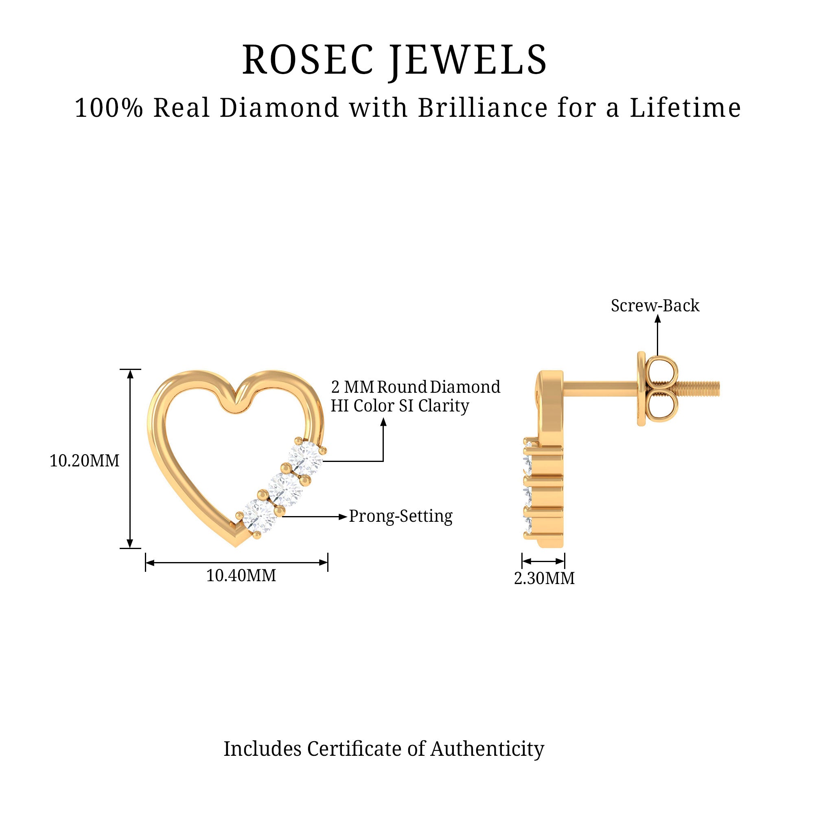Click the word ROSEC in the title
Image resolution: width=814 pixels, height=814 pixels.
pos(308,60)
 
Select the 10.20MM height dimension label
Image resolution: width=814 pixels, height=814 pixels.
pos(84,461)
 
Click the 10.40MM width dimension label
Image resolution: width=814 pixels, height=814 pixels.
pos(241,575)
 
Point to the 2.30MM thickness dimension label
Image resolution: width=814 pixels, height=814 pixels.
pos(544,578)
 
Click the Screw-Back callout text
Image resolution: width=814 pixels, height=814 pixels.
pos(655,306)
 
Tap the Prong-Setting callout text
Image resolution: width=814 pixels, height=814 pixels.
pos(400,516)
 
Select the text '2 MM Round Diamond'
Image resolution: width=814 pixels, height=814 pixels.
pos(416,387)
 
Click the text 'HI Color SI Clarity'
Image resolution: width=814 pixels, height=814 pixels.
pos(399,406)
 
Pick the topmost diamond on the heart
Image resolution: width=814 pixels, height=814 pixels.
pos(306,459)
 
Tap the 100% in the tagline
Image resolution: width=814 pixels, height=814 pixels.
pos(109,108)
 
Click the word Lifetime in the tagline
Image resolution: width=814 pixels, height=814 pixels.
pos(685,108)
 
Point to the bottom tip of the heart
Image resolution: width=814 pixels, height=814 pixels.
pos(236,546)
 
